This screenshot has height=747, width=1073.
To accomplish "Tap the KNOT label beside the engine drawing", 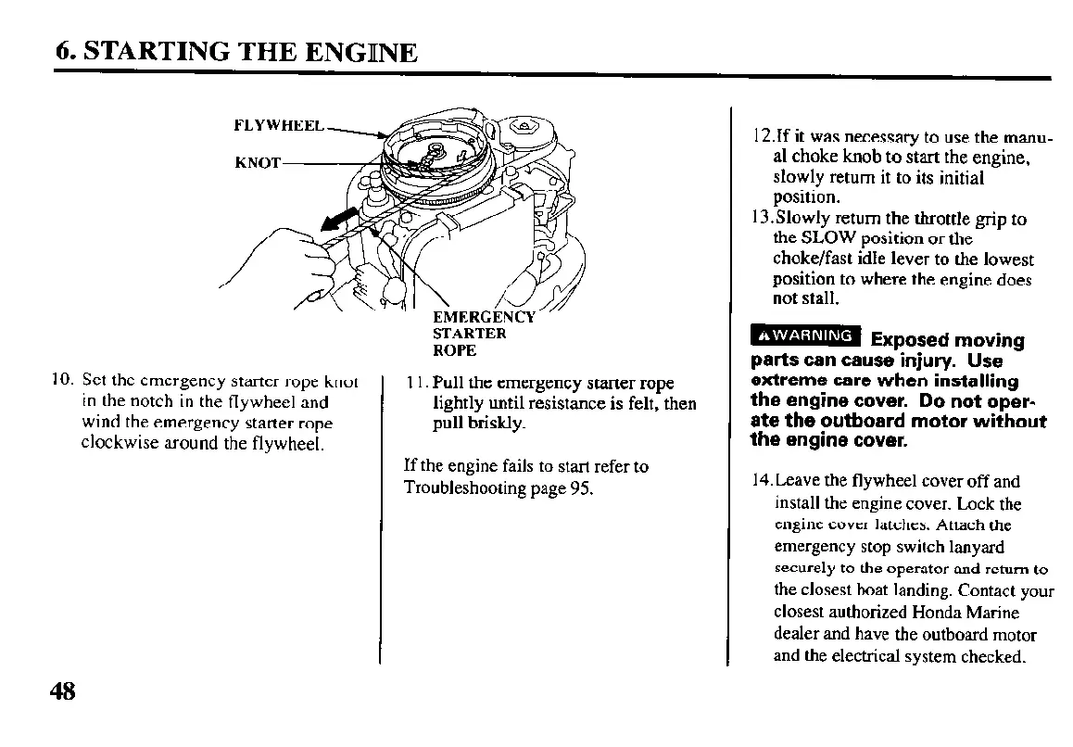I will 257,162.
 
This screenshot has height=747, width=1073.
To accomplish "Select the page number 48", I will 63,692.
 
